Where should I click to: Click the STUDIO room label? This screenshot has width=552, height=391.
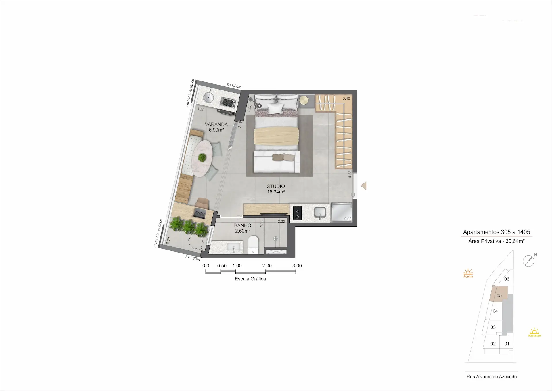[x=276, y=186]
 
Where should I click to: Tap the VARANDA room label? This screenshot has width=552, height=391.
[x=216, y=124]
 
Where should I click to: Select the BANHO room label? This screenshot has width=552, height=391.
[x=243, y=225]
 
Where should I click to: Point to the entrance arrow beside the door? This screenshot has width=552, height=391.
[x=364, y=186]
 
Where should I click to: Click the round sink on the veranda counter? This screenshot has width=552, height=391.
[x=208, y=97]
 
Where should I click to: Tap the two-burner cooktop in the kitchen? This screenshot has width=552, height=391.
[x=297, y=213]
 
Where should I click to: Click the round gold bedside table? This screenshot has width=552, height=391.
[x=304, y=100]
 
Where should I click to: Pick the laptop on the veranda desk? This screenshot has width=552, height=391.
[x=200, y=214]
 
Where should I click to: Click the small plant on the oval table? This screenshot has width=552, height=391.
[x=202, y=157]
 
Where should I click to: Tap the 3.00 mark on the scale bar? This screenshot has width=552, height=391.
[x=297, y=266]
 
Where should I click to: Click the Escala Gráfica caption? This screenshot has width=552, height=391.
[x=250, y=279]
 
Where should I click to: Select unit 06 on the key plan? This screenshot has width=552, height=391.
[x=507, y=279]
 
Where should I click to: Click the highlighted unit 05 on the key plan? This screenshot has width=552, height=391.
[x=499, y=294]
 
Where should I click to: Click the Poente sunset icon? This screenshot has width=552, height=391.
[x=468, y=273]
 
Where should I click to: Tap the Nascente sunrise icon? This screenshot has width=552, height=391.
[x=534, y=332]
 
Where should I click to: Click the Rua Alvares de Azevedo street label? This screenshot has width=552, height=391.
[x=492, y=377]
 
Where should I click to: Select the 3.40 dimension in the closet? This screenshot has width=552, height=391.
[x=346, y=98]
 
